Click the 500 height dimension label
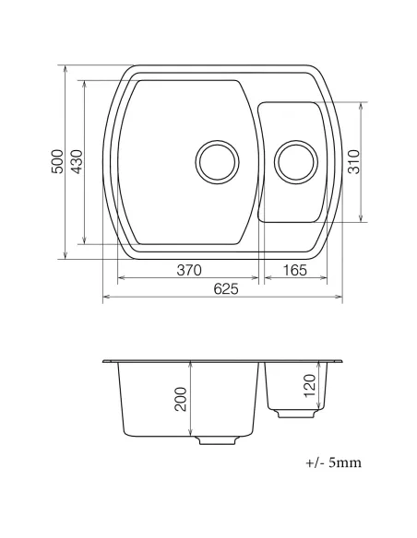pyautogui.click(x=57, y=163)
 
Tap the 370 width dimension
pyautogui.click(x=188, y=271)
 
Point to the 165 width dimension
pyautogui.click(x=294, y=271)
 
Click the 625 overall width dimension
pyautogui.click(x=224, y=288)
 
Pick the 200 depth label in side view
pyautogui.click(x=181, y=398)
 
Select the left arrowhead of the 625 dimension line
pyautogui.click(x=104, y=298)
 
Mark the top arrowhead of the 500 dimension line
pyautogui.click(x=66, y=69)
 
